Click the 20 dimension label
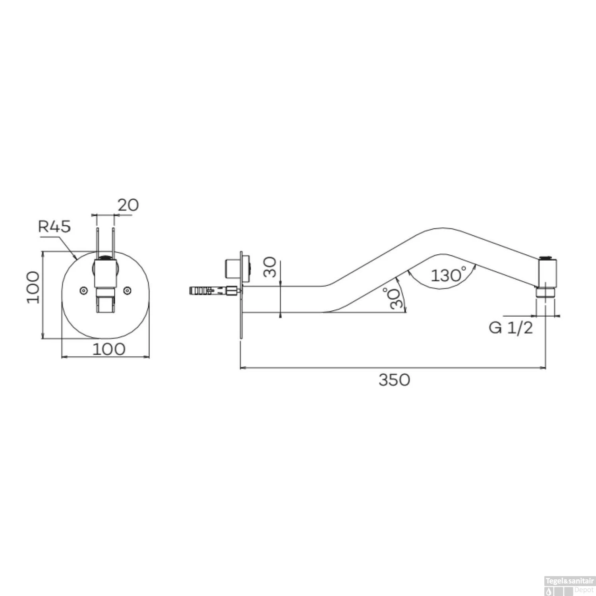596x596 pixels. click(x=128, y=205)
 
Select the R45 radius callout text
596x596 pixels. click(x=54, y=226)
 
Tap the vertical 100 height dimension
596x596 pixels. click(x=33, y=287)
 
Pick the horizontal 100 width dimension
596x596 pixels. click(x=109, y=349)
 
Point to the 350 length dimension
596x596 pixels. click(x=394, y=380)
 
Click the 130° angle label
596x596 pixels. click(x=449, y=275)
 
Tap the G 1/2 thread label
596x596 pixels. click(x=511, y=328)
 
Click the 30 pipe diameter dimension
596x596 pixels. click(x=270, y=267)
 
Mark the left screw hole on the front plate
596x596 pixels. click(x=83, y=291)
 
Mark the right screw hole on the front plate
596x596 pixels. click(x=127, y=291)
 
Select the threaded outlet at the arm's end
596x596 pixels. click(x=546, y=292)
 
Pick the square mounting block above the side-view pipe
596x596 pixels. click(x=234, y=268)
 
